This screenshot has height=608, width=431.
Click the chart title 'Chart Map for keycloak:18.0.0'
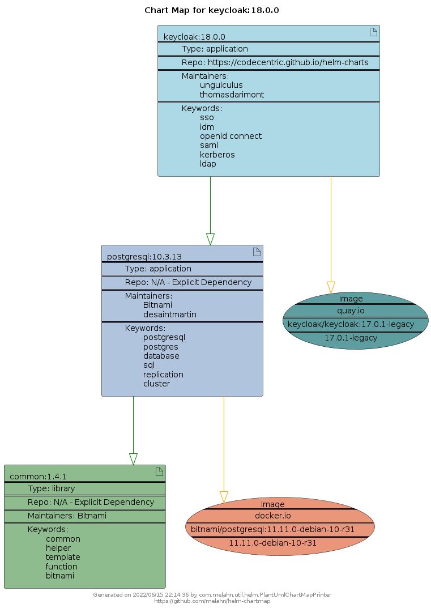tap(212, 10)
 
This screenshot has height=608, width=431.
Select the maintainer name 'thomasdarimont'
tap(232, 95)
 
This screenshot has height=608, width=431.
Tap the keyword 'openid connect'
tap(231, 136)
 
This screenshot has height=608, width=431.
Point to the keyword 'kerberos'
tap(217, 155)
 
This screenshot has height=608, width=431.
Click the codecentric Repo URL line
tap(275, 62)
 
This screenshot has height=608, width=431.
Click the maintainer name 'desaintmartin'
tap(169, 314)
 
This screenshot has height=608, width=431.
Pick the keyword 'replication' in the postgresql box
tap(163, 375)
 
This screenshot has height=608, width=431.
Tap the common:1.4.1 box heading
tap(38, 477)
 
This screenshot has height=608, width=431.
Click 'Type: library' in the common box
tap(51, 488)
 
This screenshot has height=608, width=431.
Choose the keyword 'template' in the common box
tap(63, 558)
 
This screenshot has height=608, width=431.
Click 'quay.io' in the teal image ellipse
tap(351, 311)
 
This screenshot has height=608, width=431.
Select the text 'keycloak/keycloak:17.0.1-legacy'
tap(351, 324)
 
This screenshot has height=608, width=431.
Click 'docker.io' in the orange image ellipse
tap(272, 516)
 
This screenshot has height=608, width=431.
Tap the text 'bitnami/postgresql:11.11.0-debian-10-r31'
tap(272, 529)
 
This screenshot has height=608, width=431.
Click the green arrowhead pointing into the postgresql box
tap(210, 239)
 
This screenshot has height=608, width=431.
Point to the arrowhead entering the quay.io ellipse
tap(331, 287)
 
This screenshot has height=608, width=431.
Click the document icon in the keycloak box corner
tap(373, 32)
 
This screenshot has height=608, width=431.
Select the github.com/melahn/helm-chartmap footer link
tap(212, 601)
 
